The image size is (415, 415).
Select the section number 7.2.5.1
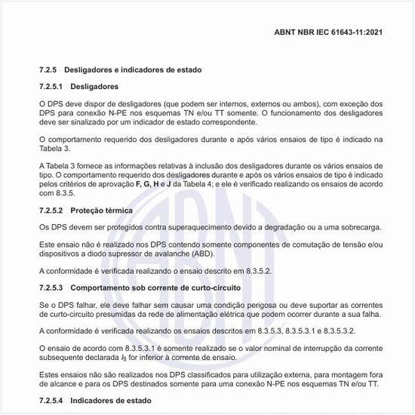point(54,87)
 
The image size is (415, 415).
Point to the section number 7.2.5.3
point(54,287)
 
